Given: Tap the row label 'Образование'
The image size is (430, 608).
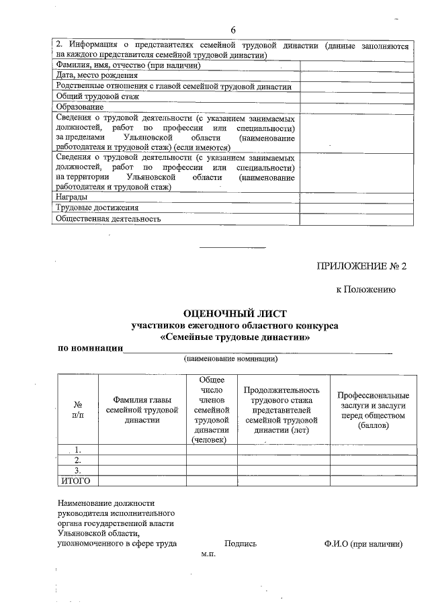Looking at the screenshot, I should pos(80,106).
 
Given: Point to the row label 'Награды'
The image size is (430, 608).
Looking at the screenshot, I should pos(71,197).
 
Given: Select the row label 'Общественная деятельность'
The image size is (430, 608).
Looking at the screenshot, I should pos(109,218).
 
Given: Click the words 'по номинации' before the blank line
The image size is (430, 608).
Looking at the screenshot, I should pos(90,348).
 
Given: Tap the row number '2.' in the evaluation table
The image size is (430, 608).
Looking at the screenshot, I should pos(78,460).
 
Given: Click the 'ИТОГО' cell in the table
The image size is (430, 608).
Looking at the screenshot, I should pos(76,480).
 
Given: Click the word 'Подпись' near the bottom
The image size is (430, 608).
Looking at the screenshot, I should pos(241,544).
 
